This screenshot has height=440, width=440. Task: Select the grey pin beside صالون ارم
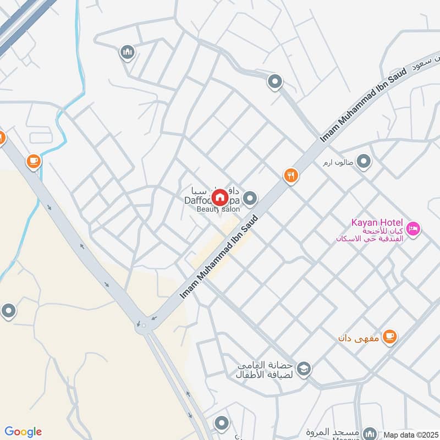pyautogui.click(x=363, y=162)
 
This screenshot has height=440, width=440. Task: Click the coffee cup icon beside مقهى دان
pyautogui.click(x=389, y=337)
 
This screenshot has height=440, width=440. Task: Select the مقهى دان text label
pyautogui.click(x=359, y=337)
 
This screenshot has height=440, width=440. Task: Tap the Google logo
pyautogui.click(x=23, y=432)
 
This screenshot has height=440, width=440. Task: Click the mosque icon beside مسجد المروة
pyautogui.click(x=370, y=433)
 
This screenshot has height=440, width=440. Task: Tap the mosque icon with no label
pyautogui.click(x=128, y=53)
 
